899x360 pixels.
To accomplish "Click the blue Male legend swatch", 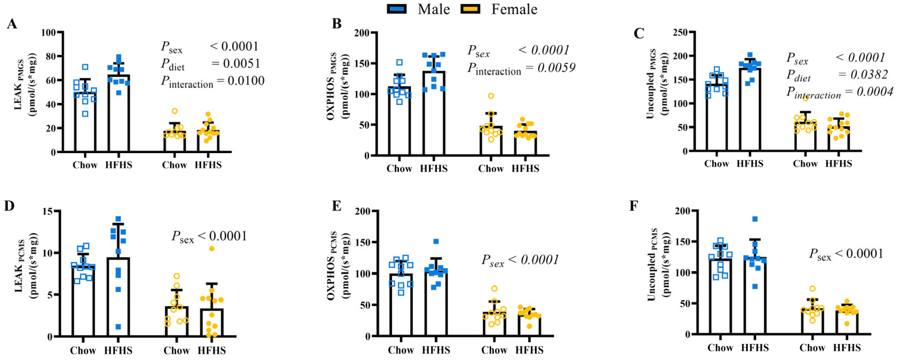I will point(397,9).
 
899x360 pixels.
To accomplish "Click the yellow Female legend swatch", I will point(470,9).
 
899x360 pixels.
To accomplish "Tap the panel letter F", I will point(634,206).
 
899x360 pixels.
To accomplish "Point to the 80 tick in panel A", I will point(49,56).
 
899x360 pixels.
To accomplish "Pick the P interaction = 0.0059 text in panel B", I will point(521,68).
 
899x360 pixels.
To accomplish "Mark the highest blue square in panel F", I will point(755,219).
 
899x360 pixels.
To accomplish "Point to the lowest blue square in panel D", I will point(118,327).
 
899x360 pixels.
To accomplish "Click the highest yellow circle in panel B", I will point(491,96).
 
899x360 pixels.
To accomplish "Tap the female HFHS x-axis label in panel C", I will point(838,164).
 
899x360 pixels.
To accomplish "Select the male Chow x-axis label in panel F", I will point(720,348).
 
